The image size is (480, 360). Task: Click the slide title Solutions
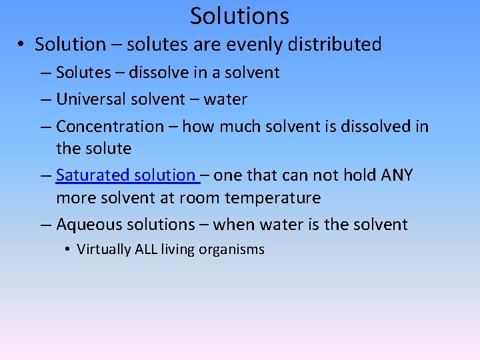click(x=239, y=15)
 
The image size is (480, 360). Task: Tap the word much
click(x=239, y=126)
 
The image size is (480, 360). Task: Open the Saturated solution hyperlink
click(x=126, y=175)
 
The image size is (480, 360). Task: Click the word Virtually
click(x=104, y=250)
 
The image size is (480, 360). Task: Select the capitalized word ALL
click(x=147, y=250)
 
